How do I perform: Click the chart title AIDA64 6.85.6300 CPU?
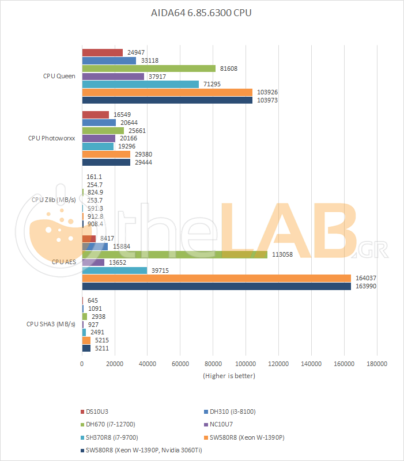point(202,13)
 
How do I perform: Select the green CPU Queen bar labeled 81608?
point(149,68)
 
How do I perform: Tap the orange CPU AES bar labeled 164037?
point(216,278)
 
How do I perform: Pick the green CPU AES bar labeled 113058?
point(175,254)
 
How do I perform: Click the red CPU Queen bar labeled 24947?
point(103,52)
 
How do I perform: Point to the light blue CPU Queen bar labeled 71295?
point(141,84)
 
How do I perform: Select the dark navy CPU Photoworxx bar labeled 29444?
point(107,162)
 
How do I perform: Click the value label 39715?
point(161,270)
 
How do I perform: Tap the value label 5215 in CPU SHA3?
point(101,340)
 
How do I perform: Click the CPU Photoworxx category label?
point(51,139)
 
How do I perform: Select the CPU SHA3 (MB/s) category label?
point(51,324)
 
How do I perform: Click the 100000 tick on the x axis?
point(246,364)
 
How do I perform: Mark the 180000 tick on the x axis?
point(377,364)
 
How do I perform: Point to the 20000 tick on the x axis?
point(115,364)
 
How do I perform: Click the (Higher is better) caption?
point(229,376)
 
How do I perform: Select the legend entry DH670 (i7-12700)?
point(111,424)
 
